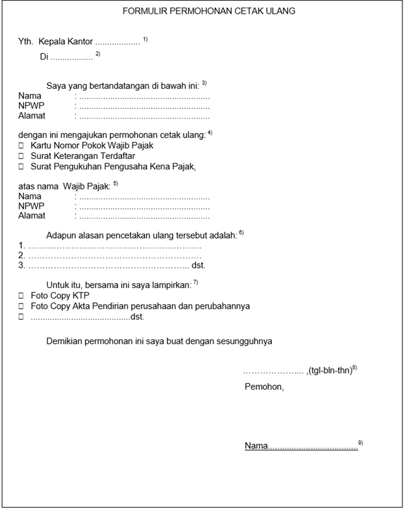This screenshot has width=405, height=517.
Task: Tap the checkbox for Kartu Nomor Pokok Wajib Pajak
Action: [21, 146]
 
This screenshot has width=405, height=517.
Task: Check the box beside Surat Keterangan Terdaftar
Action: [21, 156]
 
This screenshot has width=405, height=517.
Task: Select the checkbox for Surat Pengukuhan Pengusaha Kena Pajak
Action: [21, 167]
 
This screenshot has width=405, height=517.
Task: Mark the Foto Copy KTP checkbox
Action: [21, 295]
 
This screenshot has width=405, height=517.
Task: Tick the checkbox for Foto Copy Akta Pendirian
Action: [21, 306]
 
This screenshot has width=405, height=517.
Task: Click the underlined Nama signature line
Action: [301, 446]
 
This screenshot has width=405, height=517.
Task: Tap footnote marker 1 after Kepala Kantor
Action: [146, 40]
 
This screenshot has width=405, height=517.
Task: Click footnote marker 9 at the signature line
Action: [361, 442]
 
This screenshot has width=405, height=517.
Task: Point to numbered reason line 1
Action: [110, 246]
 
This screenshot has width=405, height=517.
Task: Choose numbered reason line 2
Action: [110, 256]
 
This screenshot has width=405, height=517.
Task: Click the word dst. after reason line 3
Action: [199, 265]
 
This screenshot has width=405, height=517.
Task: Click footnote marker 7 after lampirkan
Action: [195, 282]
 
